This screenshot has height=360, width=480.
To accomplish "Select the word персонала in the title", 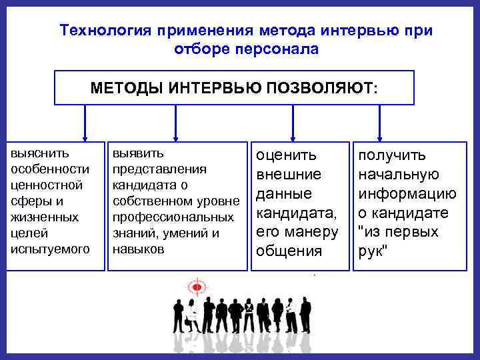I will pyautogui.click(x=279, y=49).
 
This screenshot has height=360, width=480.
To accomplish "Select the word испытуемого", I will pyautogui.click(x=51, y=249).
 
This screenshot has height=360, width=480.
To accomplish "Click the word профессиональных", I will pyautogui.click(x=173, y=217).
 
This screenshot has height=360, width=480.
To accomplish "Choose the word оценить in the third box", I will pyautogui.click(x=287, y=155).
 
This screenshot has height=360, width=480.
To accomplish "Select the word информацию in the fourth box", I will pyautogui.click(x=407, y=194).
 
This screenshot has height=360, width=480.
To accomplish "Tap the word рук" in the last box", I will pyautogui.click(x=373, y=252).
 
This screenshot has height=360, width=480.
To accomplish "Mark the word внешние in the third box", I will pyautogui.click(x=289, y=175).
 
